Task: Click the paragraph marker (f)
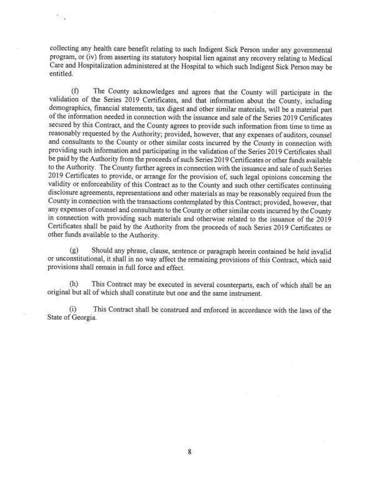[76, 91]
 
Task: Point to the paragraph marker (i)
[75, 310]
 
